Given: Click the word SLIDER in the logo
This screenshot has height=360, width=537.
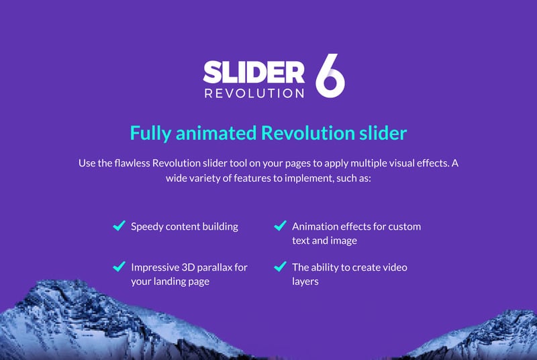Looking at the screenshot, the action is coord(254,72).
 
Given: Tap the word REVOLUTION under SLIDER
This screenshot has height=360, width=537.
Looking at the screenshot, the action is coord(254,93).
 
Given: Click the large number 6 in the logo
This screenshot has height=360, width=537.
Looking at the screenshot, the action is coord(330,75).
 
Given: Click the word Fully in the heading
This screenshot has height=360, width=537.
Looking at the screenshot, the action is coord(150,134).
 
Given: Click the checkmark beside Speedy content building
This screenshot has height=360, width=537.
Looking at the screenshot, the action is coord(119,226).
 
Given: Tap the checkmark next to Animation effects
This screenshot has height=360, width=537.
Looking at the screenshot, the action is coord(280,226).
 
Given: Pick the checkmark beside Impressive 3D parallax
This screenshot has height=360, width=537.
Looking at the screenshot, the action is coord(119,266).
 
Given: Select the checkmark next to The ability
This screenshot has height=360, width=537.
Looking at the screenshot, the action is coord(280,266).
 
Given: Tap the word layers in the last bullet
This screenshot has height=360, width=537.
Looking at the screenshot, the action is coord(305,282).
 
